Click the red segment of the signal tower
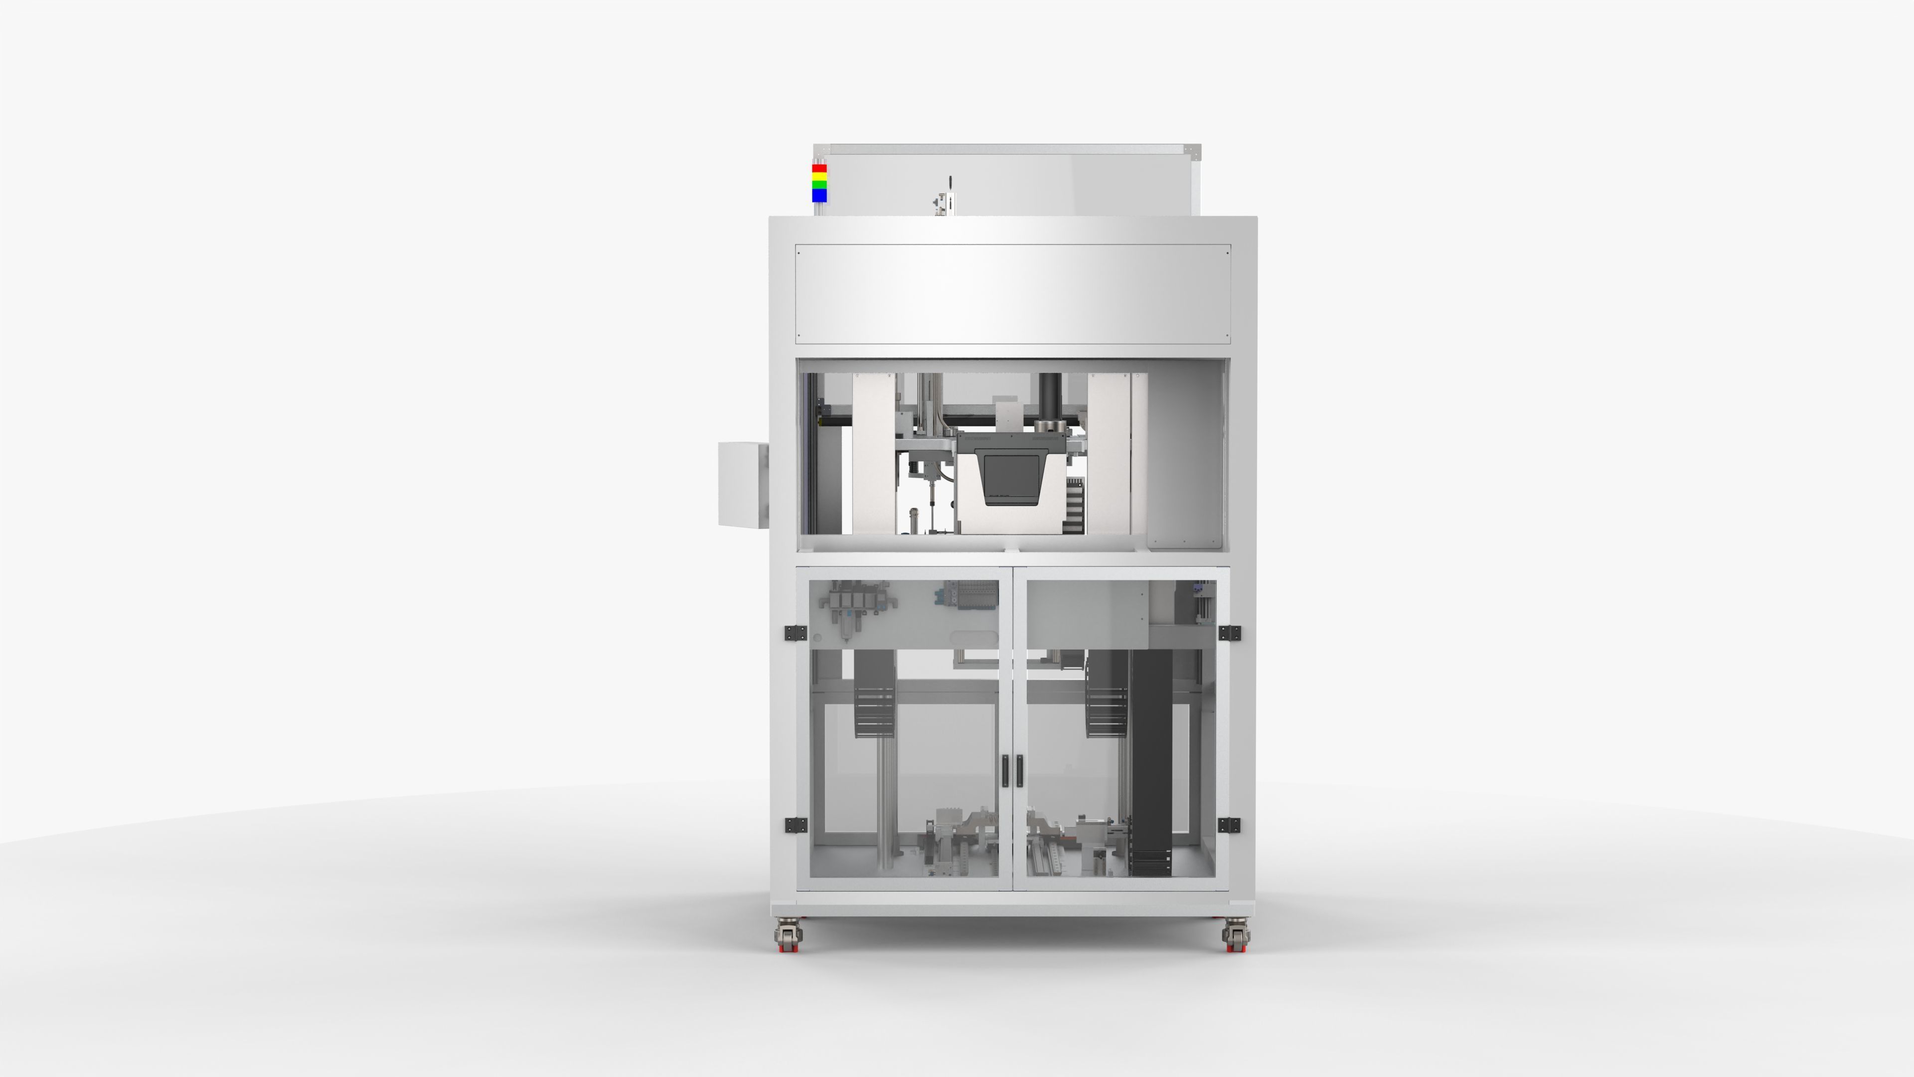coord(819,169)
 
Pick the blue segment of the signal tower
coord(819,195)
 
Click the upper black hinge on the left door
coord(795,633)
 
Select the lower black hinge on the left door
coord(795,825)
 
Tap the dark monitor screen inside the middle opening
coord(1012,475)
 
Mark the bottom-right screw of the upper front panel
coord(1228,337)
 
